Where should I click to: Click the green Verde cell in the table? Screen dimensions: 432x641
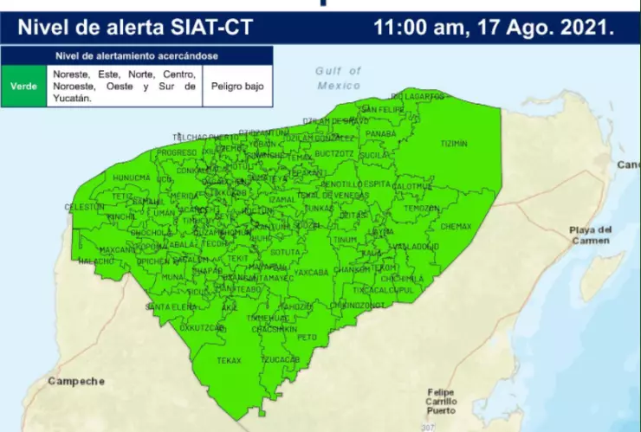pos(24,87)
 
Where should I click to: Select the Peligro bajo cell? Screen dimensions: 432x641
pos(236,87)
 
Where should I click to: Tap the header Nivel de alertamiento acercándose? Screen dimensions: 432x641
pos(137,56)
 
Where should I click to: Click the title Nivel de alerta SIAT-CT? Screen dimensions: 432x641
pos(135,27)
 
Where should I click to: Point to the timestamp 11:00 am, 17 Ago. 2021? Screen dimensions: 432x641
pos(494,27)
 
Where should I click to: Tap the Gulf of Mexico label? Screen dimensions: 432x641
pos(338,79)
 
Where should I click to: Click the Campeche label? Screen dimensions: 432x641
pos(76,381)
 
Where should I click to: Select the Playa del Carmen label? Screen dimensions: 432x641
pos(591,235)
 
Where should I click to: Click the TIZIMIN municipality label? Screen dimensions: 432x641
pos(453,143)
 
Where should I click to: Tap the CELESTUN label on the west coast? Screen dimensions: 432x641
pos(85,208)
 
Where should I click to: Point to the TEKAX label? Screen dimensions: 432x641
pos(229,359)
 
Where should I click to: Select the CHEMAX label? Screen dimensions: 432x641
pos(456,226)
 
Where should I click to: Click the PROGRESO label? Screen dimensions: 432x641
pos(176,152)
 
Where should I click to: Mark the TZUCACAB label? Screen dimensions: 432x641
pos(280,358)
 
